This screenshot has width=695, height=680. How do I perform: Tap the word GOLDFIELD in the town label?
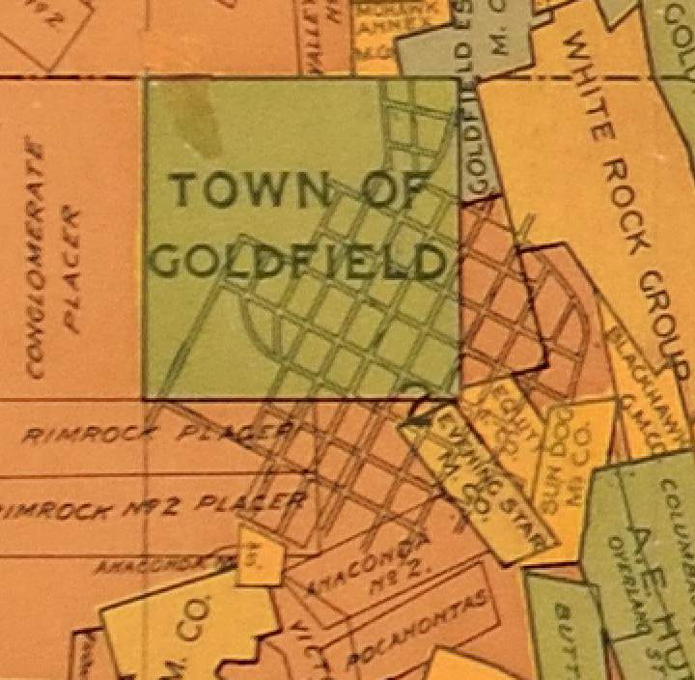point(299,262)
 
